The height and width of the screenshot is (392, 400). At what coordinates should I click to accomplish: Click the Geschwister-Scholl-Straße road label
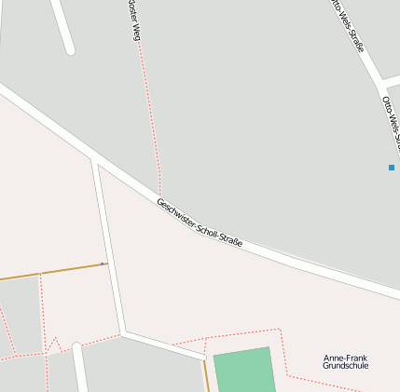point(200,223)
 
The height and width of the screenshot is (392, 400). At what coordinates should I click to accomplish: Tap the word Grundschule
point(345,366)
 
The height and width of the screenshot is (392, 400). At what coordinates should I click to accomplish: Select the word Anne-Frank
point(345,358)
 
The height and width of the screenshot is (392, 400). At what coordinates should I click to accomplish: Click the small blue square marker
point(392,168)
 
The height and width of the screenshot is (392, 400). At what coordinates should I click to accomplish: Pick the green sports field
point(243,371)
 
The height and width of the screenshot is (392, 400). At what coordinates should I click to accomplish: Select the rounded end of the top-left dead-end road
point(69,48)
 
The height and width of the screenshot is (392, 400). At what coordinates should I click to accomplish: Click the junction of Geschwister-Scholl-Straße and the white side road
point(94,161)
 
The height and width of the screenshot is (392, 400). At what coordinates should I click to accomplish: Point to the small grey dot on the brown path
point(102,264)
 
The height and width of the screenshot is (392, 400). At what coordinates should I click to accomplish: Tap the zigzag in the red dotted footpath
point(55,345)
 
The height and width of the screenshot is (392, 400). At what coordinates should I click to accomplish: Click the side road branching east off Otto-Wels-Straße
point(392,81)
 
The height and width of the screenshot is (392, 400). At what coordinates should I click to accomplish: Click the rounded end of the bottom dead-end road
point(77,347)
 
